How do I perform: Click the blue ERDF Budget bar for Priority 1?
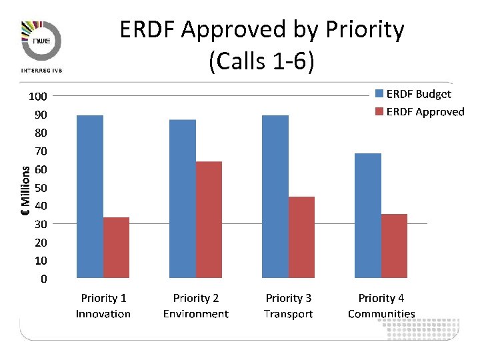coord(90,197)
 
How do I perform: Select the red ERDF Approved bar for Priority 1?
coord(116,247)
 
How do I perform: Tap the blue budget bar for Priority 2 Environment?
coord(183,199)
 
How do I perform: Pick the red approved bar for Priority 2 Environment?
coord(209,219)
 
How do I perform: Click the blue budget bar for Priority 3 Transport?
coord(275,197)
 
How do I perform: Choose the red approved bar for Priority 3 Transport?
coord(301,237)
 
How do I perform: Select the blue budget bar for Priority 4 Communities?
coord(368,215)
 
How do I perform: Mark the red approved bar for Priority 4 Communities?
coord(394,246)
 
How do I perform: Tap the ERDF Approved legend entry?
coord(419,111)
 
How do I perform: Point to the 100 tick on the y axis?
coord(37,97)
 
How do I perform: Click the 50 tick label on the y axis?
coord(41,188)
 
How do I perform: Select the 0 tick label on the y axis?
coord(44,279)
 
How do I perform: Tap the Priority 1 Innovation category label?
coord(103,306)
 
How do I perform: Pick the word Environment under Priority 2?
coord(196,314)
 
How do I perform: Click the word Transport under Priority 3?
coord(288,314)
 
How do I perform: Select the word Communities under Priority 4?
coord(381,314)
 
